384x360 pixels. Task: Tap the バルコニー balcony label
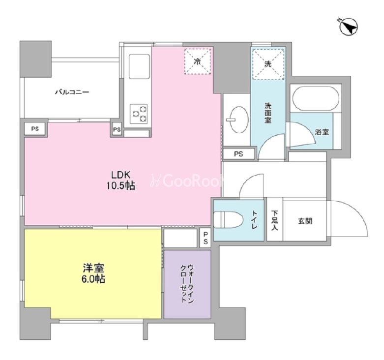(x=72, y=92)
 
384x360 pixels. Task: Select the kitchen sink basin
(x=139, y=66)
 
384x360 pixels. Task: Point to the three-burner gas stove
(x=139, y=114)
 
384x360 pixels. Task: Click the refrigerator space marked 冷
(x=197, y=61)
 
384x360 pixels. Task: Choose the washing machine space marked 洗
(x=268, y=64)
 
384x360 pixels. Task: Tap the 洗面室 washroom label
(x=268, y=113)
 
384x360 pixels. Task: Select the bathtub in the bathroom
(x=316, y=98)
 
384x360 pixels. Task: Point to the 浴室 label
(x=322, y=132)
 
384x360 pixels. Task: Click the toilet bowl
(x=228, y=220)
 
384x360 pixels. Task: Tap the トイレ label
(x=254, y=220)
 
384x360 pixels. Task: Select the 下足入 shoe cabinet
(x=275, y=219)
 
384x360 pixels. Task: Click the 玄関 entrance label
(x=305, y=221)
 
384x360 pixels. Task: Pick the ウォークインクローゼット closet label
(x=188, y=284)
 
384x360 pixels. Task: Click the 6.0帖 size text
(x=93, y=279)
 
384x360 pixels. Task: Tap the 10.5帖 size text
(x=120, y=186)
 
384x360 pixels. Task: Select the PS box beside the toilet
(x=206, y=238)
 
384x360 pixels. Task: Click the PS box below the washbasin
(x=238, y=154)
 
